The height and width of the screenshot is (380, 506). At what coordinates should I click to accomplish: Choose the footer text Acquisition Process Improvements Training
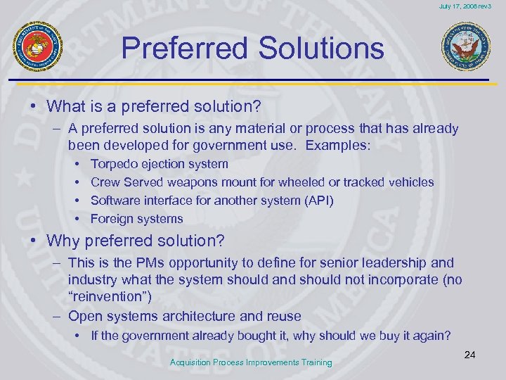[252, 362]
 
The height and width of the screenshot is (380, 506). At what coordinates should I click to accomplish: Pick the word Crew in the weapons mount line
[104, 182]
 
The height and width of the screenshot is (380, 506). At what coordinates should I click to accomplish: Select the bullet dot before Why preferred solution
[33, 241]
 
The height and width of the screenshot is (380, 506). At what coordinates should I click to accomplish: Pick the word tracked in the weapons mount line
[363, 182]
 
